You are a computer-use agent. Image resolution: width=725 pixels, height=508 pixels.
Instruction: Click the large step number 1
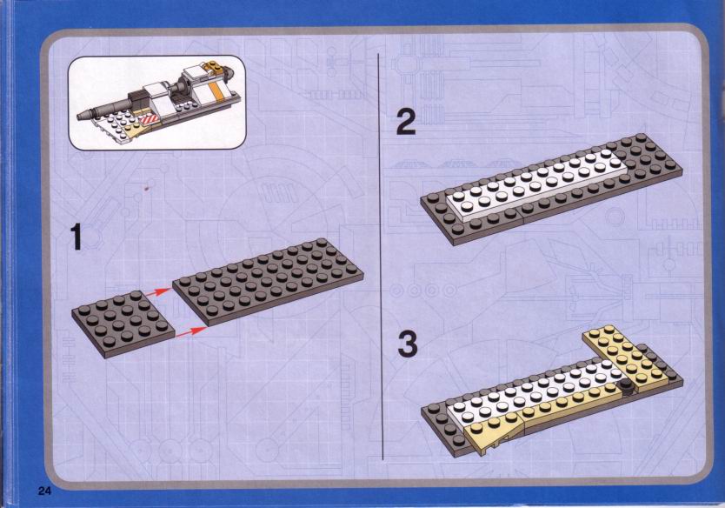tap(76, 237)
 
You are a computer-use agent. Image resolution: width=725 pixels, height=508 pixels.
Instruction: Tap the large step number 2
tap(407, 122)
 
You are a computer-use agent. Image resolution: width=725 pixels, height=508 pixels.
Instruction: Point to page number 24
tap(44, 491)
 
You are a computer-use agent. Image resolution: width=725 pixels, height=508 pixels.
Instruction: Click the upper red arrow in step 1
tap(158, 293)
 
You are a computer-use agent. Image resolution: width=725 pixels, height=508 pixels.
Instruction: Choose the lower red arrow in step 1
tap(191, 331)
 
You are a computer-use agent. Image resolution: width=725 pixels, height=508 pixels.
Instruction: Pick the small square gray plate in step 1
tap(123, 324)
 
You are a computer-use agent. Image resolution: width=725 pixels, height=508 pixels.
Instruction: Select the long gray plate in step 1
tap(268, 282)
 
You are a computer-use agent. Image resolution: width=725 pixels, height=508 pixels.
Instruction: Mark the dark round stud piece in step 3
tap(627, 387)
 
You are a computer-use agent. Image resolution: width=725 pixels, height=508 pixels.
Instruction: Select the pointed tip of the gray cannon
tap(77, 117)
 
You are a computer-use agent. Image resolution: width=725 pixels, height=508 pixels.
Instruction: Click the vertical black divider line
tap(381, 257)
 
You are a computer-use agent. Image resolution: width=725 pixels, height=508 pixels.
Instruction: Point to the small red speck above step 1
tap(147, 188)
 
